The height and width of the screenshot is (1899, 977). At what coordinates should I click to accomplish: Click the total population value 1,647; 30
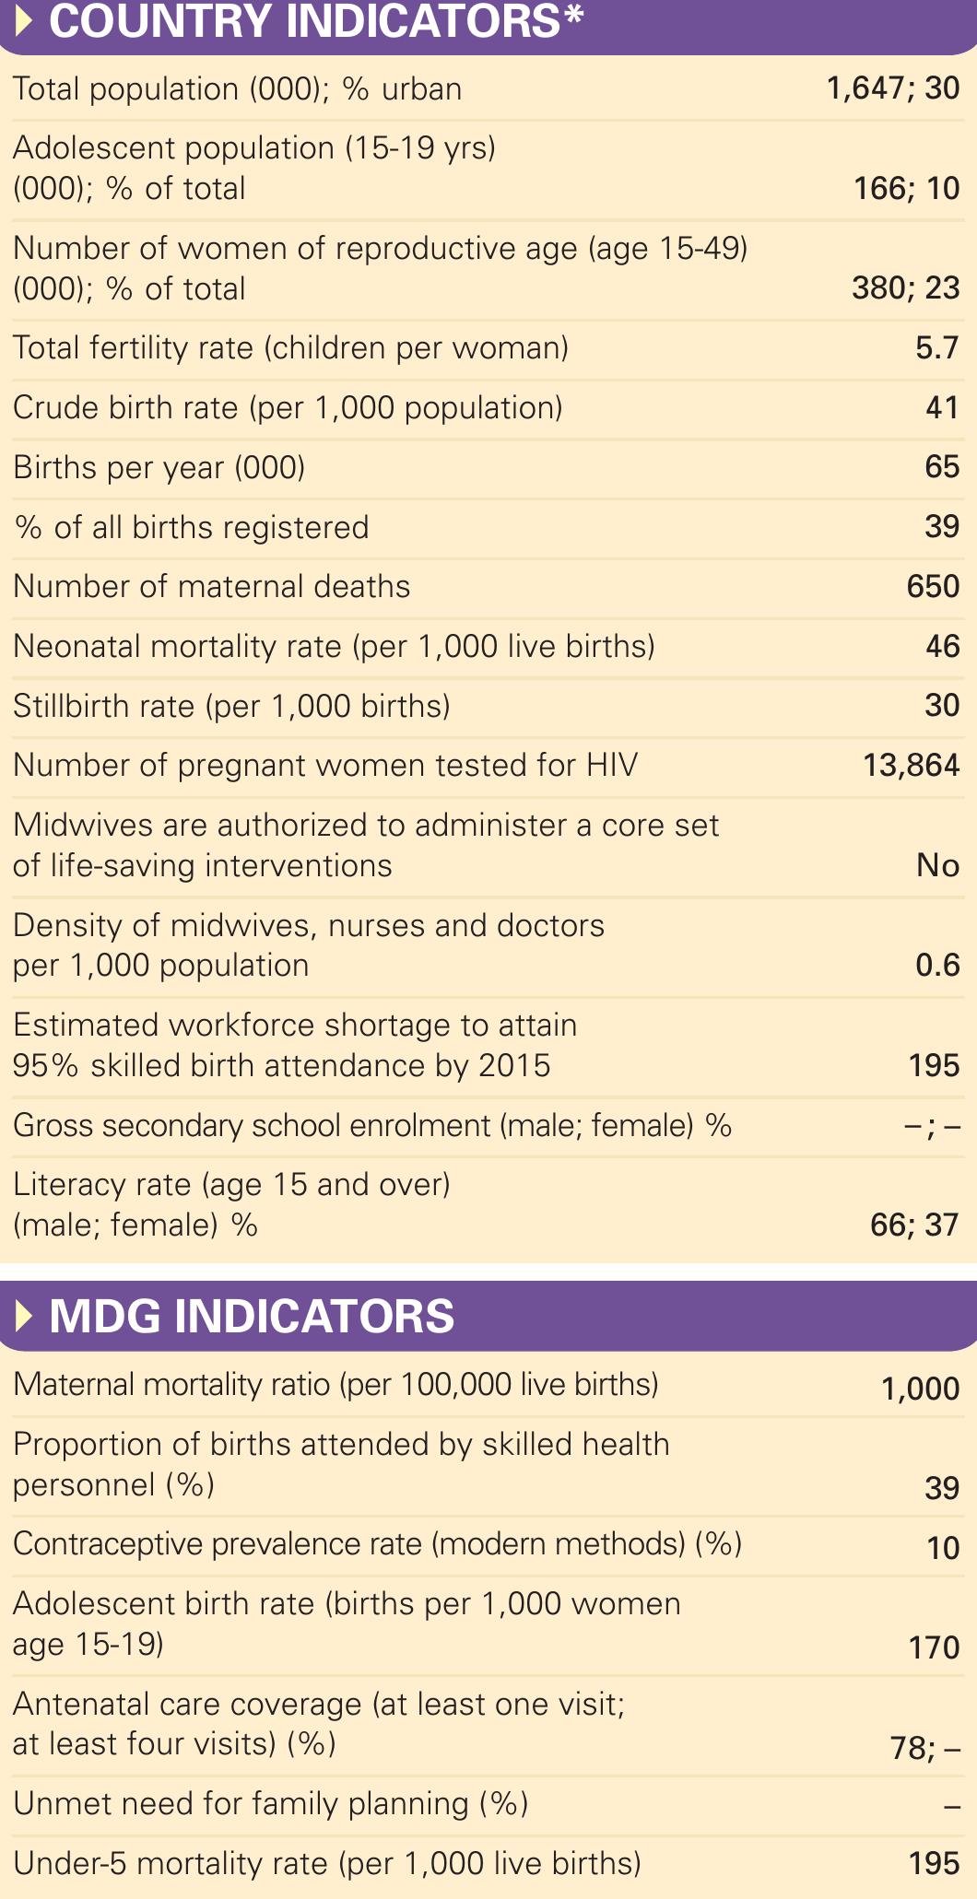click(893, 88)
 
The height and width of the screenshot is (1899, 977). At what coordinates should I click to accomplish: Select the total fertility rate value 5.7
click(937, 348)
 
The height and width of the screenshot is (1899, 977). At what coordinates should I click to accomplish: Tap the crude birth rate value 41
click(942, 407)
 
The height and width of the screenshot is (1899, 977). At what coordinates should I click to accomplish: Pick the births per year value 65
click(942, 467)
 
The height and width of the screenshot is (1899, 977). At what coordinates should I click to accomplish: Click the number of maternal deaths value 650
click(933, 586)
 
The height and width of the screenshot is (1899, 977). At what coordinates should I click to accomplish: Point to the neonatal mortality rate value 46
click(942, 646)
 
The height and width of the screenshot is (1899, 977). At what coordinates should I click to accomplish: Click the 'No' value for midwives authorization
click(937, 865)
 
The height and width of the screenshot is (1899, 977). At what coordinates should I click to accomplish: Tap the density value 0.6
click(937, 965)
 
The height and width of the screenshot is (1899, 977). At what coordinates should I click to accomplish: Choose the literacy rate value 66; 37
click(914, 1225)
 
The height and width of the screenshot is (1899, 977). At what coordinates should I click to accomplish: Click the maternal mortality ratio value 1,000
click(920, 1389)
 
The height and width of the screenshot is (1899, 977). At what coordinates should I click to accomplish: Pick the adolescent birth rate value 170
click(934, 1647)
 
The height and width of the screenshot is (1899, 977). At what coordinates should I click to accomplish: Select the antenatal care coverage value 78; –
click(924, 1747)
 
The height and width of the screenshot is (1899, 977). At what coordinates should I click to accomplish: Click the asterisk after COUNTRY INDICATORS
click(573, 17)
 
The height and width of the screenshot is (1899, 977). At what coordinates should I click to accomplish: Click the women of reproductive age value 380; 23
click(905, 288)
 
